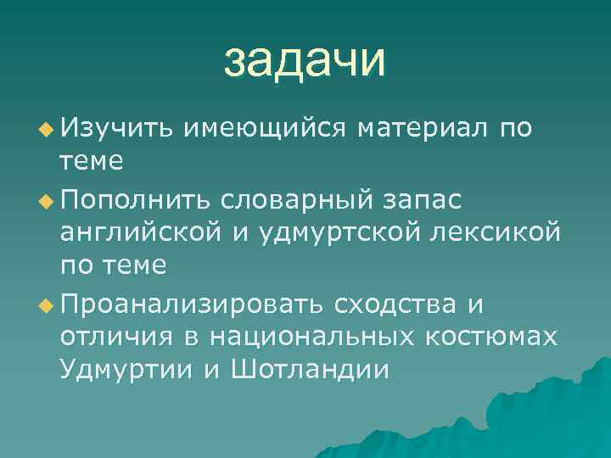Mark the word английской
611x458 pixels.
150,232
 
